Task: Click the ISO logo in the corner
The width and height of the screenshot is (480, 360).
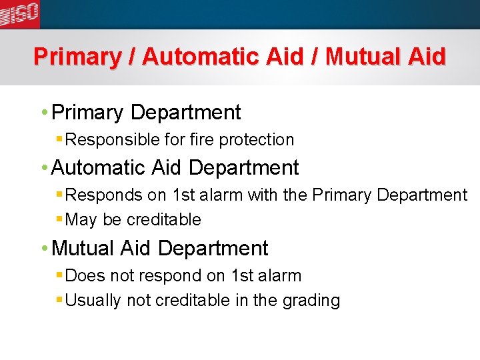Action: pyautogui.click(x=20, y=13)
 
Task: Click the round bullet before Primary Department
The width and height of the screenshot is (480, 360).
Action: pyautogui.click(x=44, y=113)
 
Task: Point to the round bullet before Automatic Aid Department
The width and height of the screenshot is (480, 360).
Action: pyautogui.click(x=44, y=167)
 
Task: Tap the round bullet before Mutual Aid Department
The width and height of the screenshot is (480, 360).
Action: pyautogui.click(x=44, y=249)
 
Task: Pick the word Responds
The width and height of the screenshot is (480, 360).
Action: pyautogui.click(x=103, y=195)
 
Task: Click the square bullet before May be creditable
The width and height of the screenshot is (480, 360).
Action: pyautogui.click(x=60, y=219)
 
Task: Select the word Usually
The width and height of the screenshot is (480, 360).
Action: pyautogui.click(x=94, y=301)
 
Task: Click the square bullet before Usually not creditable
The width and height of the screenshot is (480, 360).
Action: pyautogui.click(x=60, y=300)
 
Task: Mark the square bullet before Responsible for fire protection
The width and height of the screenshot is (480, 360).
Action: pyautogui.click(x=60, y=139)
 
